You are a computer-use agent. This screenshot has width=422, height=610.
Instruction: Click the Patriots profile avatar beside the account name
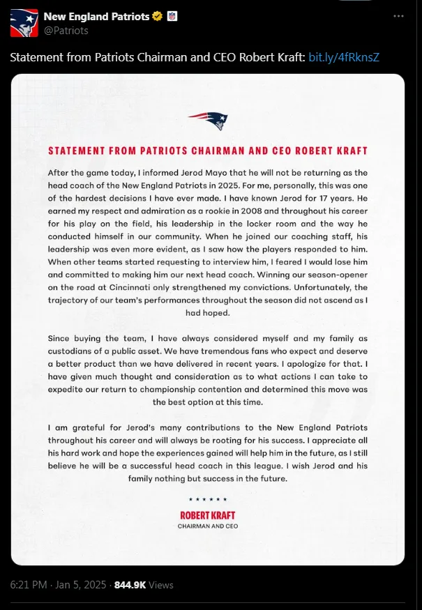(x=24, y=23)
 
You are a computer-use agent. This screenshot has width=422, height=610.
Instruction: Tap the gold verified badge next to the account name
(x=158, y=16)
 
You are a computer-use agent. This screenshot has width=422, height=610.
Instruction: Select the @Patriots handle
(x=66, y=31)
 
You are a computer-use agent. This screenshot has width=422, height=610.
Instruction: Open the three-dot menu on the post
(x=398, y=15)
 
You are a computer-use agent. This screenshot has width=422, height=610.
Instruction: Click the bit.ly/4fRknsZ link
(x=343, y=56)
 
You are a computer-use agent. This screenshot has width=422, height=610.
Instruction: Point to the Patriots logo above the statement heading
(x=208, y=120)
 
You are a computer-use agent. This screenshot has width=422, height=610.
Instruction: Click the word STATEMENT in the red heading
(x=76, y=151)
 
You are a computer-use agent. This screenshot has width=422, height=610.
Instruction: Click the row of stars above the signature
(x=208, y=499)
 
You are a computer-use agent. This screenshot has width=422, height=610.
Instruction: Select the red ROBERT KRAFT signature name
(x=208, y=515)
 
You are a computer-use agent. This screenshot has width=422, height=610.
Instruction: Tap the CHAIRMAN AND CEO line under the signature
(x=208, y=526)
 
